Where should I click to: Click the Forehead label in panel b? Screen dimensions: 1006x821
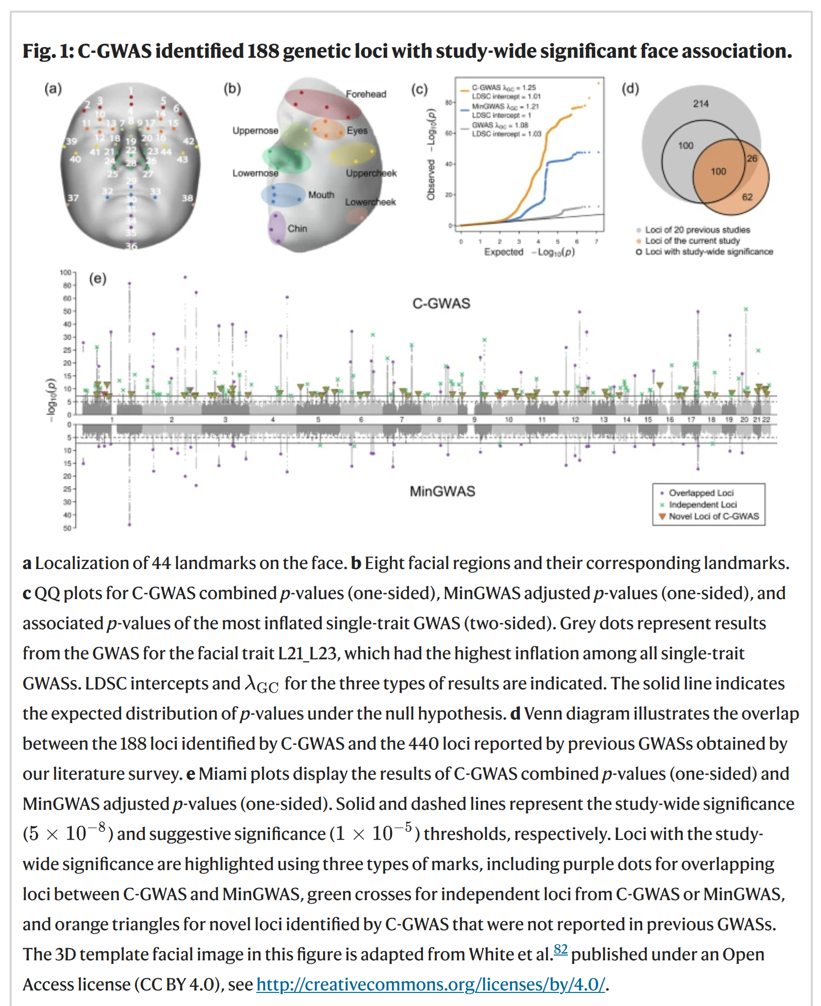pos(366,94)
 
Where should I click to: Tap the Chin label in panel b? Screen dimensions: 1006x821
pos(297,228)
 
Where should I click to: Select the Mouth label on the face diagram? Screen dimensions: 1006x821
pos(321,195)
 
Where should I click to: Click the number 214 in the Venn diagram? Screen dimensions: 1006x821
pos(701,103)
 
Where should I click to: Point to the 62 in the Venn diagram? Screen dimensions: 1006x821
pos(747,197)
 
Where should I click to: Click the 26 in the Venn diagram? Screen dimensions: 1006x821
pos(752,158)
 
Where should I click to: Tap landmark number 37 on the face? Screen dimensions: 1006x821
pos(73,198)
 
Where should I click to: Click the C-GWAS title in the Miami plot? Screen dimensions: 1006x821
pos(441,303)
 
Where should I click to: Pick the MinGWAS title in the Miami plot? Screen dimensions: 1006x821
pos(442,491)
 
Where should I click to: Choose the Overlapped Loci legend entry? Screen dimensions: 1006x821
pos(701,493)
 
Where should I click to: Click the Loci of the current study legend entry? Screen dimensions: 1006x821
pos(692,241)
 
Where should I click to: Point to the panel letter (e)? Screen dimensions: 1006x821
pos(98,278)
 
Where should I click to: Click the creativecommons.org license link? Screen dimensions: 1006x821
pos(430,984)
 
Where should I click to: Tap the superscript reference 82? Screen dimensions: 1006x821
pos(560,949)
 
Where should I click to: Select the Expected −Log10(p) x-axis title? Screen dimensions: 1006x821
pos(529,252)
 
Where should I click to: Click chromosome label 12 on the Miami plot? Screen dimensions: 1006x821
pos(575,419)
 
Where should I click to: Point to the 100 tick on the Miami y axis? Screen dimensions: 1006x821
pos(65,272)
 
